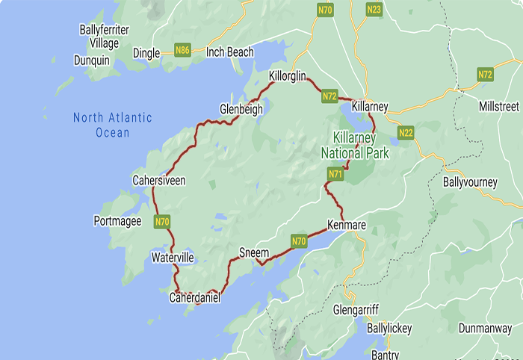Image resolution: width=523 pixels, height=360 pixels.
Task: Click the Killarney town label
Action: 370,107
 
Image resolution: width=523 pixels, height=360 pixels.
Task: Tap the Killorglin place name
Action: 294,76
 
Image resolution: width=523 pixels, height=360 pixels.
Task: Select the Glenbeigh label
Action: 241,109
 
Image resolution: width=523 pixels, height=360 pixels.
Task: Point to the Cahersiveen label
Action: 158,181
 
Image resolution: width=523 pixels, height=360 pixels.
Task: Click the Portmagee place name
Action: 117,221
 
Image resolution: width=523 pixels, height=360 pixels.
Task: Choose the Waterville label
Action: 173,258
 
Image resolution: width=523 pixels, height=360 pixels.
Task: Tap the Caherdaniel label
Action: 195,297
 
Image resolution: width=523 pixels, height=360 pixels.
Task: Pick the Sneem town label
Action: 253,253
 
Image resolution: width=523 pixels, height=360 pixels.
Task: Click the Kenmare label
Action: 347,225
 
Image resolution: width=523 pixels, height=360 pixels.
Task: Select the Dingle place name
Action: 146,52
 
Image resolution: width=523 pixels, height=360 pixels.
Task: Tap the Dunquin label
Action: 92,60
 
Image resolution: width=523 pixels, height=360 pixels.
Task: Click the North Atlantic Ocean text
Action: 112,125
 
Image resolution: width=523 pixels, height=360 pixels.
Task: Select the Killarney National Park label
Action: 356,146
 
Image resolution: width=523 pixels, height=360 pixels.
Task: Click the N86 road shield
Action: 182,51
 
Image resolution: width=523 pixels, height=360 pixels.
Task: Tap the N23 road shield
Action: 374,10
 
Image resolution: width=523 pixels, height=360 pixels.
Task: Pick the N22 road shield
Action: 406,133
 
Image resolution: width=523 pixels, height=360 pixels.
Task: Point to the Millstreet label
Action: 498,107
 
